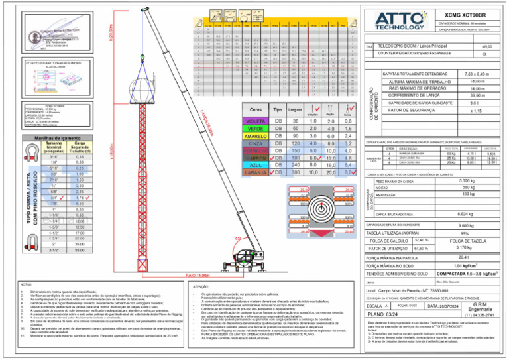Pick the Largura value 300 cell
(x=296, y=172)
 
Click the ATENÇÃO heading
(x=200, y=286)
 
